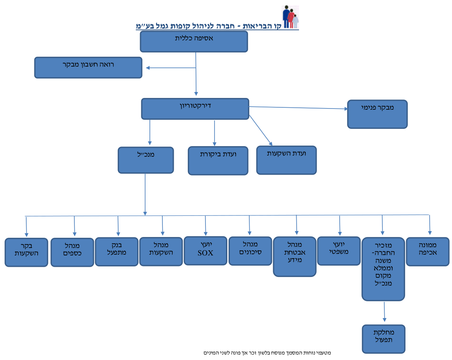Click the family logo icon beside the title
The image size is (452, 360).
coord(290,17)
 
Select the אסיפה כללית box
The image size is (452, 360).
coord(194,42)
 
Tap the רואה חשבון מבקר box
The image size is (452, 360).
coord(88,67)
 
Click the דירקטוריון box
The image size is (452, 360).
coord(195,109)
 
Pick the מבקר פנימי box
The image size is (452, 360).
coord(377,114)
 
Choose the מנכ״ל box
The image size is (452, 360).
coord(146,160)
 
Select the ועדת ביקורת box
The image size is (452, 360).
coord(218,161)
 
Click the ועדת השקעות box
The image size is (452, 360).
coord(286,160)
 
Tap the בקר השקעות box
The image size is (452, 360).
coord(27,252)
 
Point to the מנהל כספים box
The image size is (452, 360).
coord(72,252)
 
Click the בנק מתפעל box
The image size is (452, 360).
coord(117,251)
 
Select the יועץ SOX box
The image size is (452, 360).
coord(205,251)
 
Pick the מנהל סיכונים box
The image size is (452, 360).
coord(250,251)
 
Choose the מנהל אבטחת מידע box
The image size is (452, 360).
coord(295,257)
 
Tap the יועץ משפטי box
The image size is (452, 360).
coord(339,251)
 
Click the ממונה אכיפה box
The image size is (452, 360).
coord(428,251)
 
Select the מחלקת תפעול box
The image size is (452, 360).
coord(384,339)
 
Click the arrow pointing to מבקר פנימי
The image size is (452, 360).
coord(298,108)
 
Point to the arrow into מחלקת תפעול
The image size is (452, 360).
coord(384,312)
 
